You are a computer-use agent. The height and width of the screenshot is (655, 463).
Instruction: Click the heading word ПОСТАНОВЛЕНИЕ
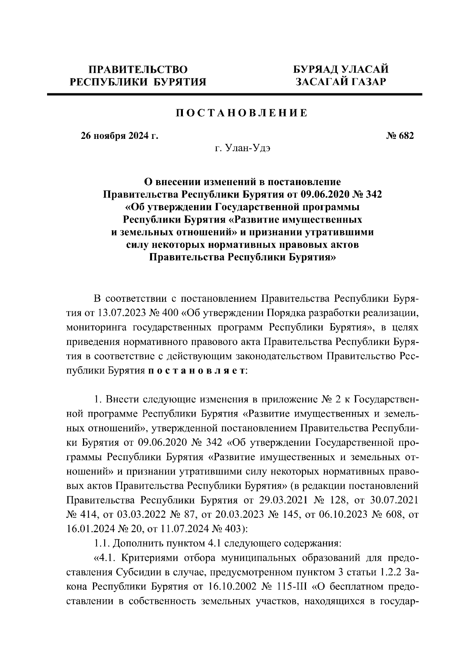point(242,113)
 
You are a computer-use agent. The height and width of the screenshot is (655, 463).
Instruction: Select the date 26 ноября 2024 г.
point(119,136)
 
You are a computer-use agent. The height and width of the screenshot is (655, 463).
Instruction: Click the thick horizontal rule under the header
point(234,94)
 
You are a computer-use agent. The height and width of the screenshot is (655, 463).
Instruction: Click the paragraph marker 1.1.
point(102,544)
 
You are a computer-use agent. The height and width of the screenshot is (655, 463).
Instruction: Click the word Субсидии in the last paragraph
point(139,572)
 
